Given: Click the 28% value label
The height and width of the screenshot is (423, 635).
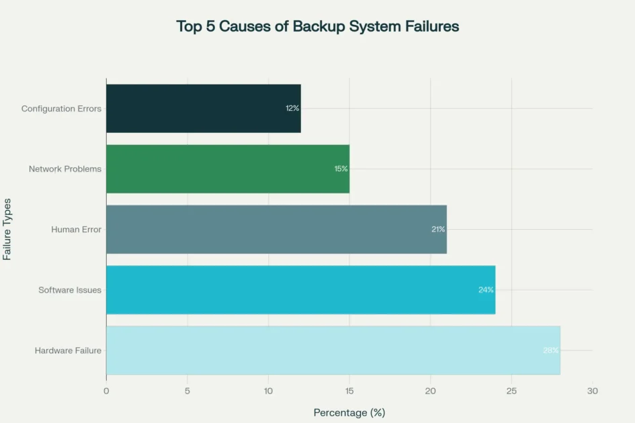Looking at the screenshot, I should point(551,350).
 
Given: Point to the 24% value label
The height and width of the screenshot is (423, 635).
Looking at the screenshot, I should point(486,290).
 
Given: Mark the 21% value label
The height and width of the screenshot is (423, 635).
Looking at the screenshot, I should point(438,230).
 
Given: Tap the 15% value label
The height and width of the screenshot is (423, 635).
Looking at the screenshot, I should point(341,169).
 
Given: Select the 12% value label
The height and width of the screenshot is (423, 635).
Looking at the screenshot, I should point(292,109).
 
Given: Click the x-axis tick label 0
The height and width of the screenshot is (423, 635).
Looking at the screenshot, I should point(106,390).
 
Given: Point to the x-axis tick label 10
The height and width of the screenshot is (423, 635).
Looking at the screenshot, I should point(268,390).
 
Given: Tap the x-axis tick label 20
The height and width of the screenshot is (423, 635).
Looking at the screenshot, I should point(430,390).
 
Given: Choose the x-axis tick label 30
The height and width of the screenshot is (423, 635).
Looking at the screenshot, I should point(592,390).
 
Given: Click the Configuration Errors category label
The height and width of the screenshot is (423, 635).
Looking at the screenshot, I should point(61,109).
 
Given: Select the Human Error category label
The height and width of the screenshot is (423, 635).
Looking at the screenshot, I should point(76,230).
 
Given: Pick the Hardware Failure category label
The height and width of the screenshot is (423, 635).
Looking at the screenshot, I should point(68,350).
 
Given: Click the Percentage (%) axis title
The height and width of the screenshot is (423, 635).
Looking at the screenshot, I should point(349,412).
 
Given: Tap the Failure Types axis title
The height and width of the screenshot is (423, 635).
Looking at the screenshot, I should point(7,229).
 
